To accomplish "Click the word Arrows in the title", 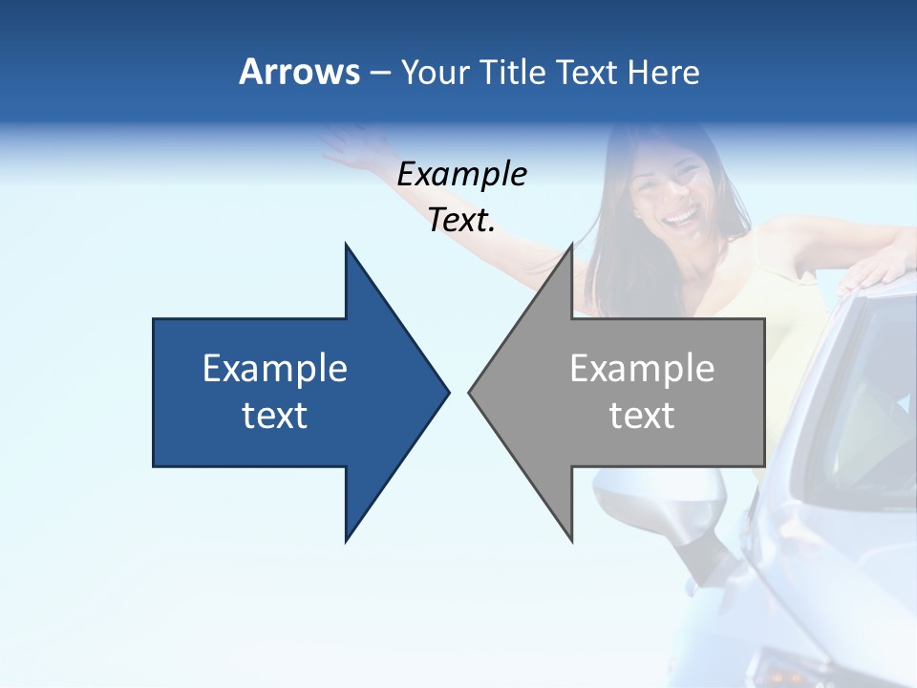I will point(299,72).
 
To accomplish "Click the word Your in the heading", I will point(435,72).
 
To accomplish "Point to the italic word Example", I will point(461,174).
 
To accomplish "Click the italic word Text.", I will point(461,220).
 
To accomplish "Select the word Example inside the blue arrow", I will point(275,368).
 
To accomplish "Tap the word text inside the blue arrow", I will point(275,415).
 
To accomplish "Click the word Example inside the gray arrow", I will point(642,368).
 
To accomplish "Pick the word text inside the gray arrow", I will point(642,415).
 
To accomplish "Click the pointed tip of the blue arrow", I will point(447,391).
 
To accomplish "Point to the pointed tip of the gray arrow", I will point(471,391).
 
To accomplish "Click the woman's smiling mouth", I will point(681,218).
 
